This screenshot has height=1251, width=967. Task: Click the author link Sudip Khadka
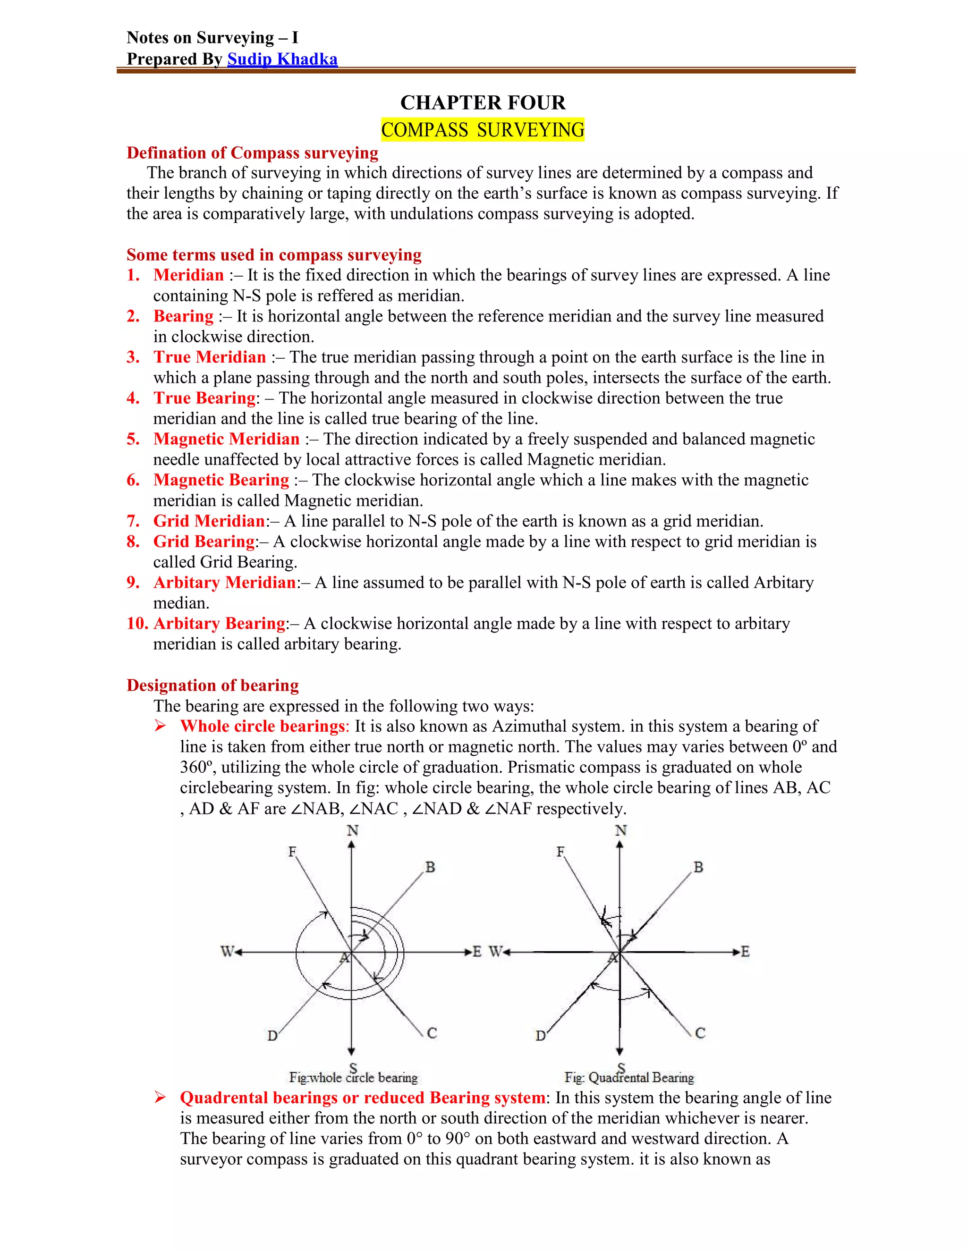[x=282, y=59]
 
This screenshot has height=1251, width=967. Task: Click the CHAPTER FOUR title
[x=483, y=102]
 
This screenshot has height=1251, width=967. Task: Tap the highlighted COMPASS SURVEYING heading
[x=483, y=130]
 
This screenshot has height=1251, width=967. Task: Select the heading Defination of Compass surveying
[x=252, y=153]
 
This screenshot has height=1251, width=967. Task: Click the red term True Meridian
[x=209, y=357]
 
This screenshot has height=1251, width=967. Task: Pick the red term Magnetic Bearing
[x=221, y=480]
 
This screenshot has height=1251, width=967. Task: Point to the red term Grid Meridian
[x=209, y=521]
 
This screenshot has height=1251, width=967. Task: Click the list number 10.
[x=137, y=623]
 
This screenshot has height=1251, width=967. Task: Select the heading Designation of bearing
[x=212, y=685]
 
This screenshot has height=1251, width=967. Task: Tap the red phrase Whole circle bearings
[x=263, y=727]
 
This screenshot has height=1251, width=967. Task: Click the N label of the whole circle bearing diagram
[x=352, y=830]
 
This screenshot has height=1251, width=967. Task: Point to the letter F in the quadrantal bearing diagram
[x=560, y=852]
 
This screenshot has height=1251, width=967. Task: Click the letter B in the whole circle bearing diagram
[x=430, y=867]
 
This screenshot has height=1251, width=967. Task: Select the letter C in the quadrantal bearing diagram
[x=700, y=1033]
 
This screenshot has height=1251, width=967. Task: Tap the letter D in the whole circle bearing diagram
[x=273, y=1036]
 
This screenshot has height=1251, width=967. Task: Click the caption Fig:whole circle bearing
[x=354, y=1078]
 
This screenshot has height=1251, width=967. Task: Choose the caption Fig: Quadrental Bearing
[x=629, y=1078]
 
